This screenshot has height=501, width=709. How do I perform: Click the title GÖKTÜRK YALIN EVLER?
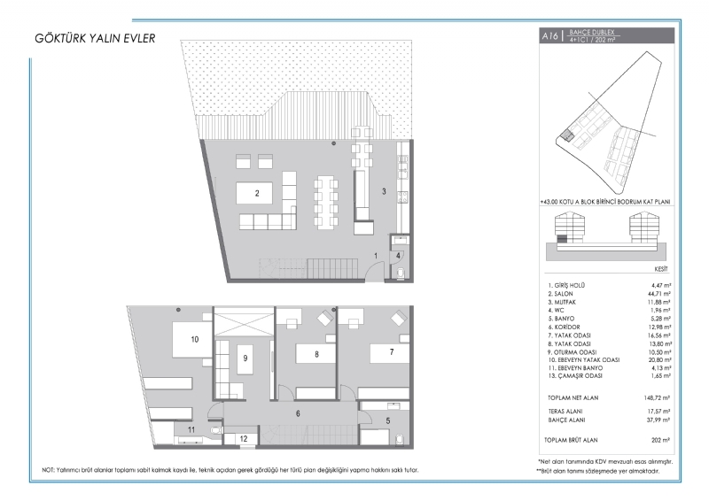click(x=95, y=38)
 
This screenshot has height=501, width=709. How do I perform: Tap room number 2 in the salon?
click(x=257, y=193)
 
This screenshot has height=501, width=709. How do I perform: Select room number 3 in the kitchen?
click(x=384, y=191)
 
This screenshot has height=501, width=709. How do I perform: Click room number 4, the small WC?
click(x=398, y=256)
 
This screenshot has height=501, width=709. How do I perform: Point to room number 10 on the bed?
click(x=195, y=339)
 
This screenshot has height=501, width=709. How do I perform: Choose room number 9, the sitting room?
click(x=245, y=358)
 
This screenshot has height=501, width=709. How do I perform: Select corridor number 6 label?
click(x=298, y=413)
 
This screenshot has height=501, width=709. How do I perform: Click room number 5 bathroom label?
click(x=388, y=421)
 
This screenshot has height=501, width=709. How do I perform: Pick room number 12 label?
click(x=244, y=439)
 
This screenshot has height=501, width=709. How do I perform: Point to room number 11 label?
click(x=191, y=429)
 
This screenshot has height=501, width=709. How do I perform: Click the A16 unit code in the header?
click(x=550, y=36)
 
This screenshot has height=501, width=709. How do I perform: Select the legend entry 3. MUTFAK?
click(x=562, y=302)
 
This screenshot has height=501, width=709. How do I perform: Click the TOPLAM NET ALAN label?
click(x=573, y=398)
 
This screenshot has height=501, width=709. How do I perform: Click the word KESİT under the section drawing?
click(x=661, y=269)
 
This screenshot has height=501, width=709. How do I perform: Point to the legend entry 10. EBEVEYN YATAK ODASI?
click(x=584, y=360)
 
